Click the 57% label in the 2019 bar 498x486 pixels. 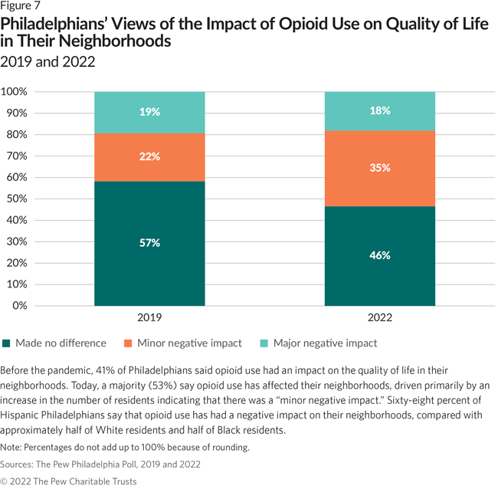[x=149, y=244]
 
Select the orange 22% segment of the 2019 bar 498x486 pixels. [x=149, y=157]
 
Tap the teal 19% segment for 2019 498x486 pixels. [x=149, y=112]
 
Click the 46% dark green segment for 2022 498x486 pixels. [x=380, y=255]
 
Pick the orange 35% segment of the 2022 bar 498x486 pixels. [x=380, y=168]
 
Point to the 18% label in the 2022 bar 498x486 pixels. [x=380, y=110]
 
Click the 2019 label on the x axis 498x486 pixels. [x=149, y=315]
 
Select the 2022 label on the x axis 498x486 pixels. [x=380, y=315]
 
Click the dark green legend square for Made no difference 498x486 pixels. [x=7, y=343]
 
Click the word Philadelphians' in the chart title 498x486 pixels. [x=57, y=25]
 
